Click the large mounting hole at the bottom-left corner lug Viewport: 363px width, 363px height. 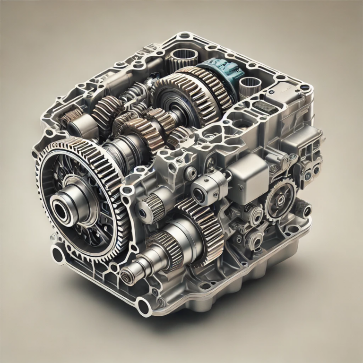click(x=58, y=256)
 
